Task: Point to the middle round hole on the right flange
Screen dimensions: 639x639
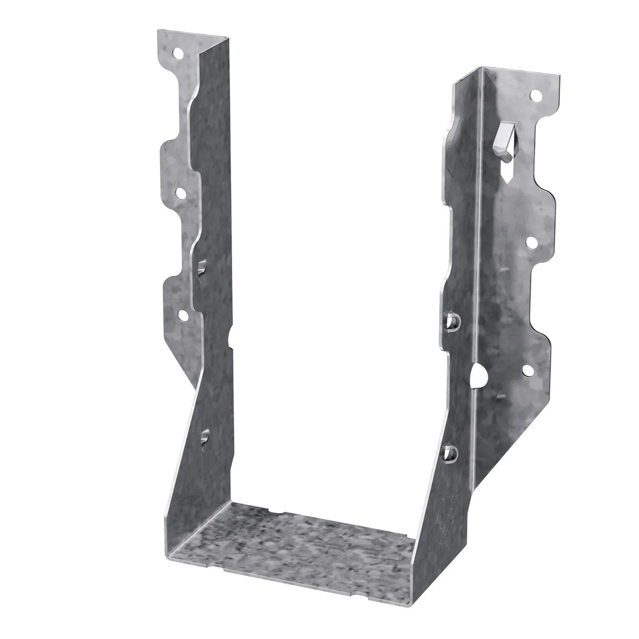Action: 532,243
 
